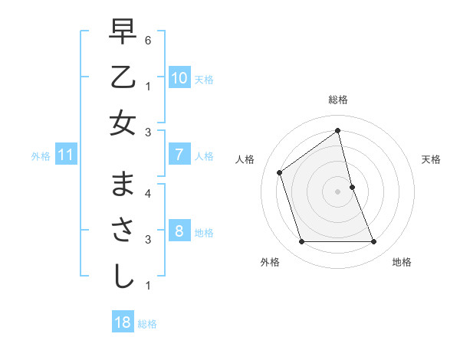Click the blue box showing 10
(179, 78)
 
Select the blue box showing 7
(179, 155)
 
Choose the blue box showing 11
(66, 155)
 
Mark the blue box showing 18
(123, 322)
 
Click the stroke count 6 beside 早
(148, 40)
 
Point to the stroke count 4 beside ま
(148, 193)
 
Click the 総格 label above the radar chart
(338, 100)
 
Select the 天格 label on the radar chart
(431, 159)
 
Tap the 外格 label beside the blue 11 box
(41, 156)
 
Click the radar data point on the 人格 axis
(280, 172)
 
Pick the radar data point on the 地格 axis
(373, 242)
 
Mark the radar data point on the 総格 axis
(338, 131)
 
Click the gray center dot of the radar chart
(338, 191)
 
